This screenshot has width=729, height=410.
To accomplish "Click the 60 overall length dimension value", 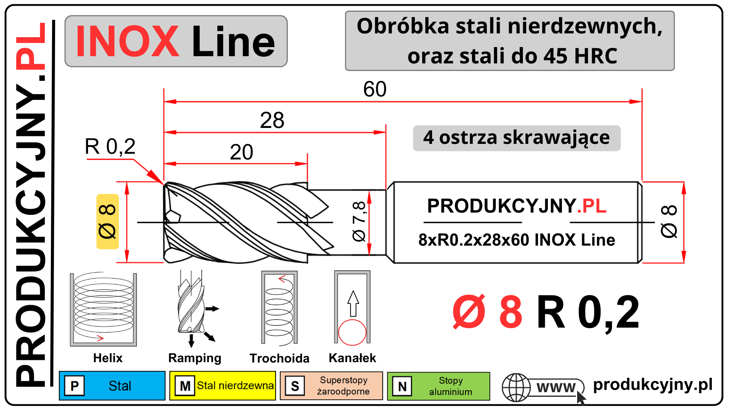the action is (375, 89).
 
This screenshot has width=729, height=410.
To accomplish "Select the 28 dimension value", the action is (272, 120).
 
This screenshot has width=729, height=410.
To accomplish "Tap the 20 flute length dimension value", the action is (241, 152).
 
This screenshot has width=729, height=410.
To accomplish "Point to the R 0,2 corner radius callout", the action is (110, 147).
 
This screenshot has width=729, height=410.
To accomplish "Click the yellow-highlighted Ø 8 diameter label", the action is (107, 222).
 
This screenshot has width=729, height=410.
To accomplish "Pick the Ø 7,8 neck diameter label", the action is (359, 221).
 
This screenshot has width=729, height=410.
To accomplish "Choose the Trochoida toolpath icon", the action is (279, 308).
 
